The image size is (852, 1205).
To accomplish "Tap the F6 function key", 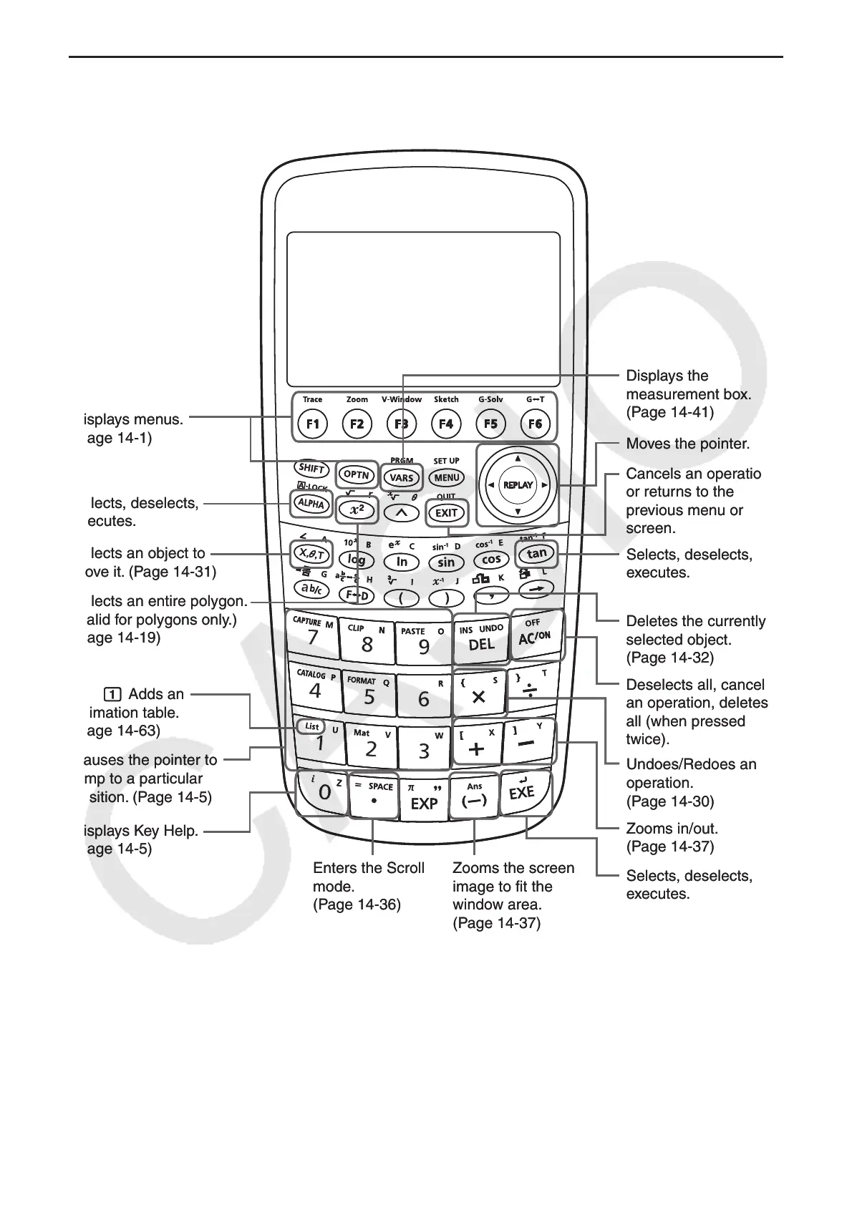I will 535,424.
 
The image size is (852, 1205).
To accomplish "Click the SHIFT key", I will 312,469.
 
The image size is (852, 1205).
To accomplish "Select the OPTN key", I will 357,474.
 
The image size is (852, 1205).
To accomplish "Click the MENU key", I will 447,477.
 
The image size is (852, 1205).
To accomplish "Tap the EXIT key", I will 446,512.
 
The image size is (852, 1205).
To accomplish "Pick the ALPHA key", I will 311,503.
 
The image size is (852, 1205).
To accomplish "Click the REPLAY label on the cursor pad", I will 518,484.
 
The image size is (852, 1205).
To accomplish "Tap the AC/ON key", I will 534,637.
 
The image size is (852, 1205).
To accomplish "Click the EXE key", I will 522,793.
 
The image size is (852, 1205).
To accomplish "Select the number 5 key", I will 369,696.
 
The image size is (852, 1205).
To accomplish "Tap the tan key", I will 536,553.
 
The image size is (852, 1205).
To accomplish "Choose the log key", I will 357,560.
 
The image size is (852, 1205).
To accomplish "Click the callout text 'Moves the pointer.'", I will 687,444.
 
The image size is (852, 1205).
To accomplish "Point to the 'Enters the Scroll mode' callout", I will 369,886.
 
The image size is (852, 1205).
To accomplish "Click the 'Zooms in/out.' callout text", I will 672,837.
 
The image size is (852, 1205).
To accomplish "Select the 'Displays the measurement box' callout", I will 688,394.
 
